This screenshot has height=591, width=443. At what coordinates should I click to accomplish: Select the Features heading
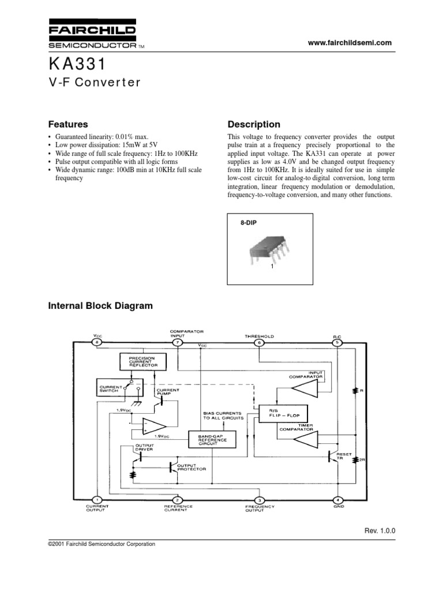pyautogui.click(x=68, y=124)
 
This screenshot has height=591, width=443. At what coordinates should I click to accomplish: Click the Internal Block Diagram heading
pyautogui.click(x=100, y=306)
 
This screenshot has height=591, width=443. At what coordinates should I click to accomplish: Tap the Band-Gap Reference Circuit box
pyautogui.click(x=209, y=439)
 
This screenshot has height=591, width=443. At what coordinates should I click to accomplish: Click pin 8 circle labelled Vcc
pyautogui.click(x=97, y=343)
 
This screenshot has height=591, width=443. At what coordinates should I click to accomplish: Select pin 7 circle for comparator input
pyautogui.click(x=178, y=343)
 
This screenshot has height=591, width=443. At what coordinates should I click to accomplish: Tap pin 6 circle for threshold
pyautogui.click(x=259, y=343)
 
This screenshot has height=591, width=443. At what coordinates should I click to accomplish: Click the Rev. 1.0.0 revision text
pyautogui.click(x=380, y=530)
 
